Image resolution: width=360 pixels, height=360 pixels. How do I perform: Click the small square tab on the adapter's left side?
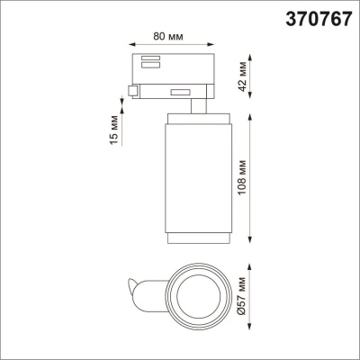click(133, 91)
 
